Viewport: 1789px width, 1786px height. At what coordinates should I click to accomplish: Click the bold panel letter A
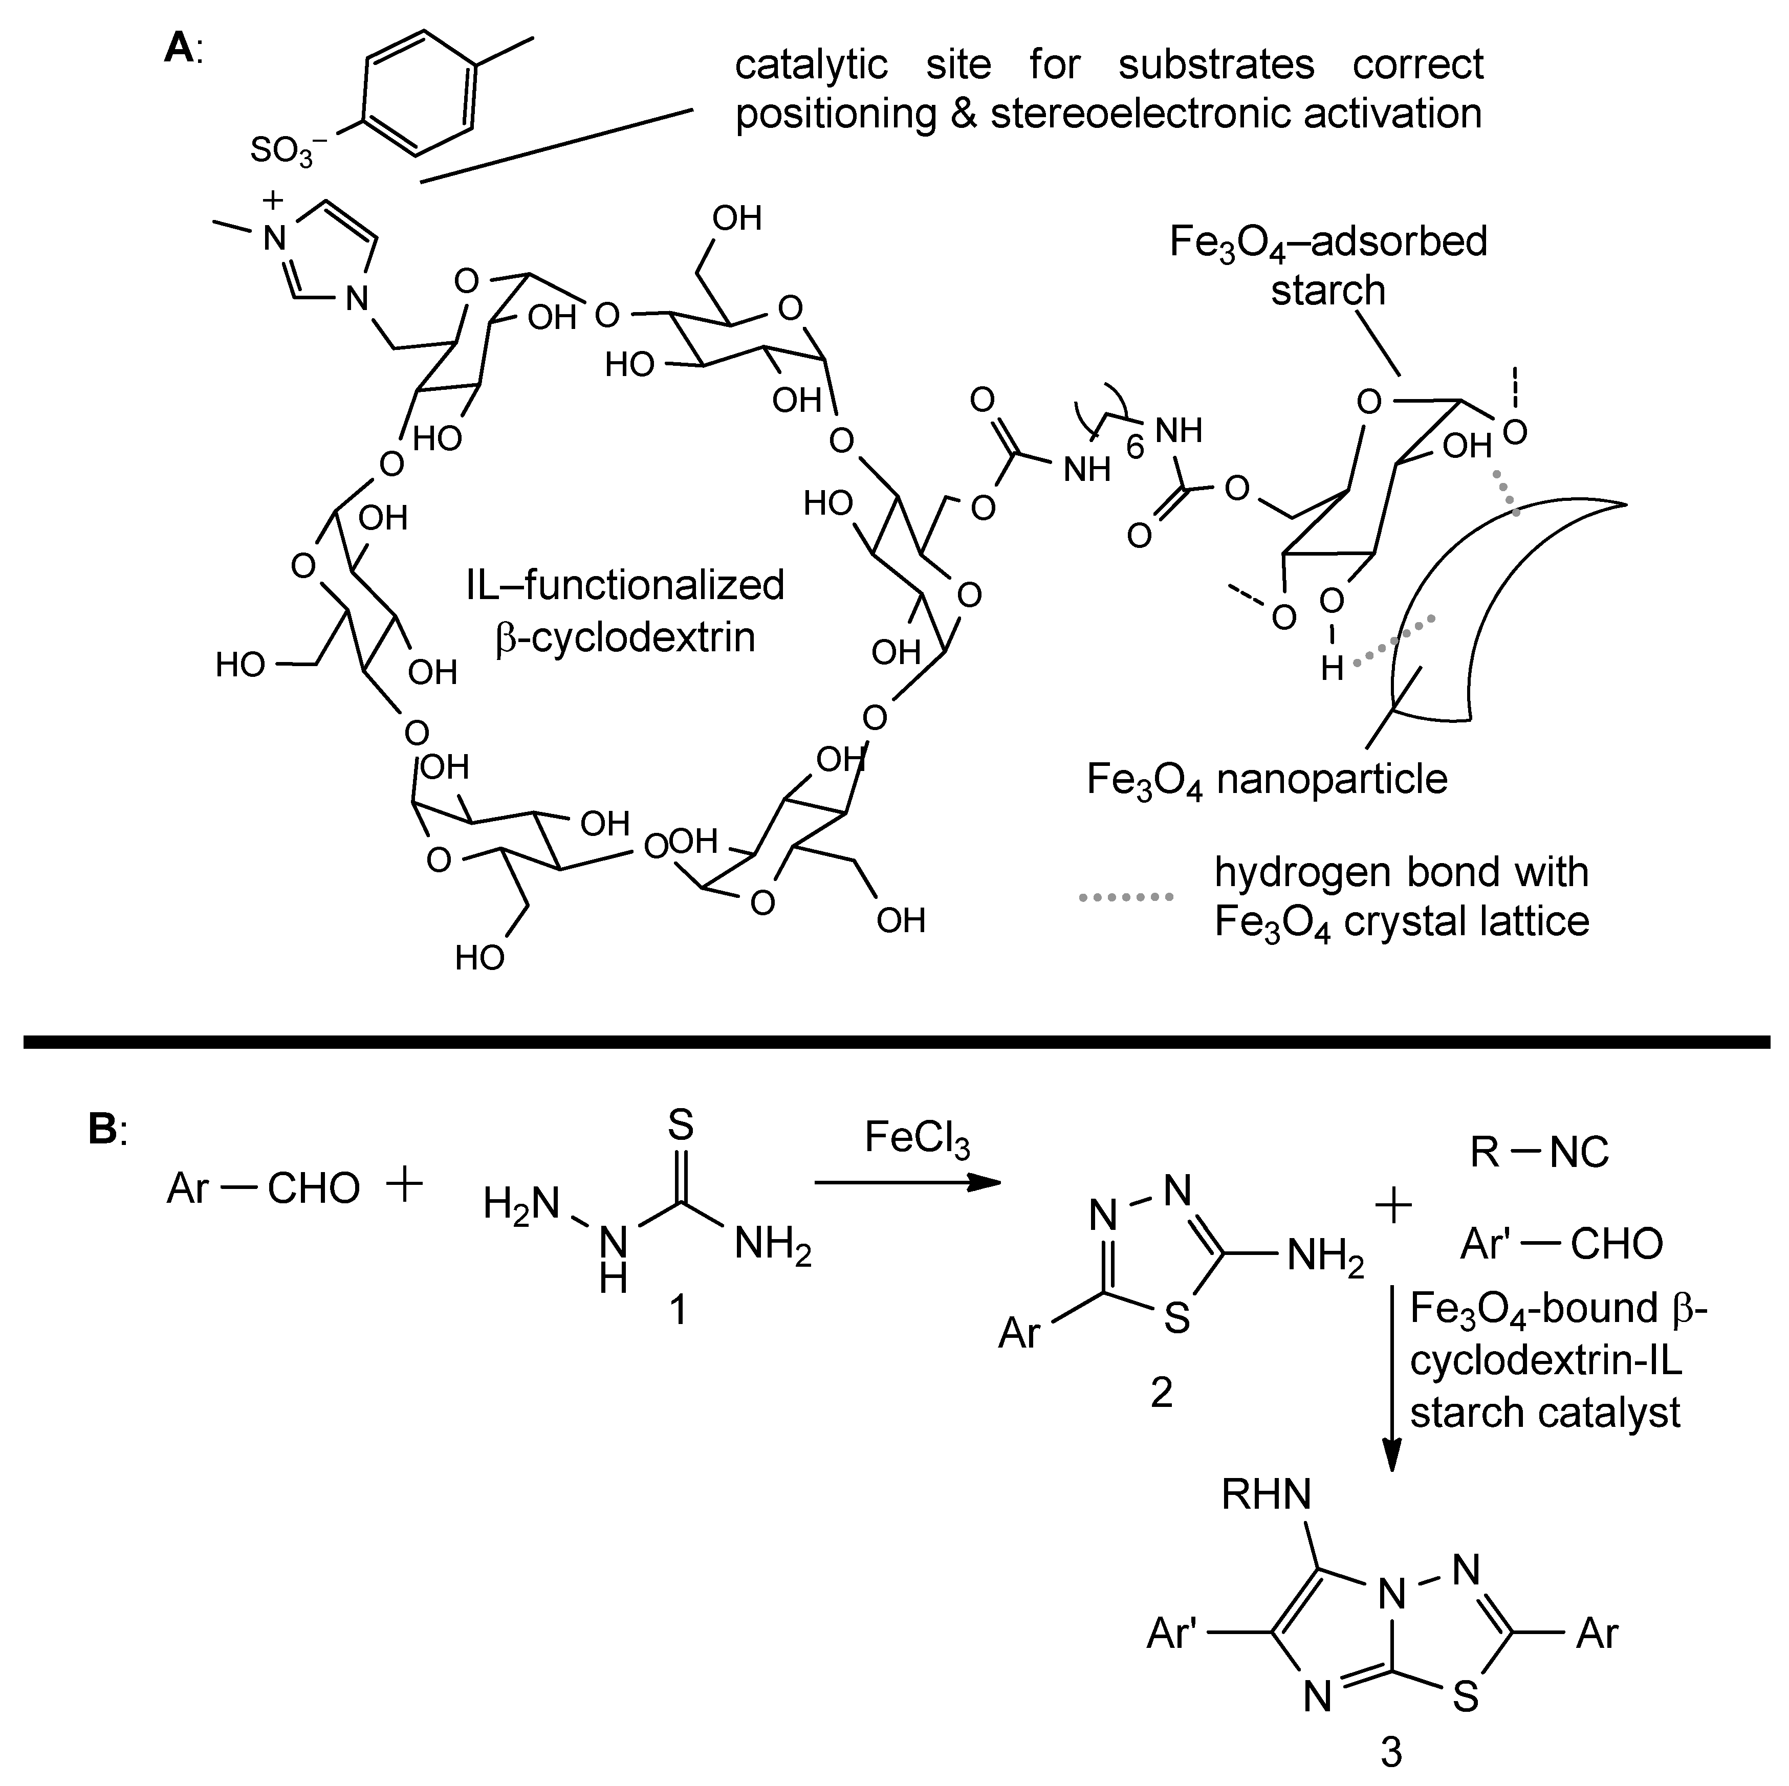click(179, 48)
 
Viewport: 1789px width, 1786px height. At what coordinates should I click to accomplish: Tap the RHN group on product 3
click(1266, 1493)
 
